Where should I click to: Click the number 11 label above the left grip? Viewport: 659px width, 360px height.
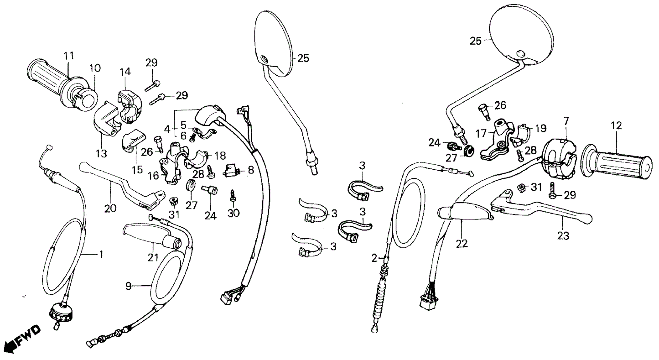[x=68, y=56]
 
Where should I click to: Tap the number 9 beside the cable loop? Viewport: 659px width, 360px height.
[x=129, y=286]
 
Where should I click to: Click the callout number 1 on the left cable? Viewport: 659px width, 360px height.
[x=101, y=254]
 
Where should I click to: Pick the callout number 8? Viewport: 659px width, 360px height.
[x=250, y=171]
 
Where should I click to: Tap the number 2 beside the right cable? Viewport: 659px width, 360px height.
[x=374, y=258]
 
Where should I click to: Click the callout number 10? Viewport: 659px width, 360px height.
[x=95, y=68]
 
